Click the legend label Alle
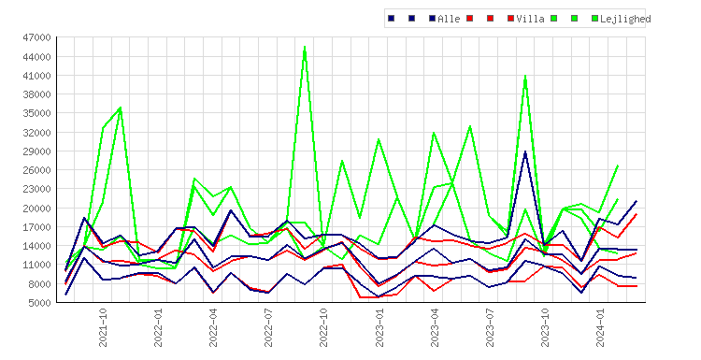[449, 19]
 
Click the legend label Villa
[530, 19]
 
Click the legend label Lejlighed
[625, 19]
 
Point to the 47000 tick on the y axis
[36, 37]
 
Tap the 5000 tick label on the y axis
[39, 303]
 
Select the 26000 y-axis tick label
[36, 170]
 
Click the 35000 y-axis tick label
[36, 113]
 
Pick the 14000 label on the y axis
[36, 246]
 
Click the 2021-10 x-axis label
[103, 327]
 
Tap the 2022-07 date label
[268, 327]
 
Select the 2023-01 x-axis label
[379, 327]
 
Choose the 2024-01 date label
[600, 327]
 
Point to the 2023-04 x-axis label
[435, 327]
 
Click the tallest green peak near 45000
[305, 47]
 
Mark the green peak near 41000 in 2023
[525, 76]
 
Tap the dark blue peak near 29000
[525, 151]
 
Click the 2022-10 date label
[323, 327]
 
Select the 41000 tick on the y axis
[36, 76]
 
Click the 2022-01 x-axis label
[158, 327]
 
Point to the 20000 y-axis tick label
[36, 208]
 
